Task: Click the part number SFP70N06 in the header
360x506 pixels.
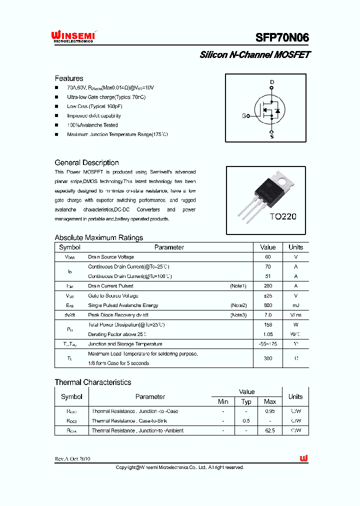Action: click(x=282, y=37)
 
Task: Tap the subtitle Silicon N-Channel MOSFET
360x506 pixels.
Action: click(x=254, y=55)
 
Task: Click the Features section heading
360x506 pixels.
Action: click(x=69, y=78)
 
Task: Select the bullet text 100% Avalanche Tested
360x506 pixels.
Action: click(x=92, y=125)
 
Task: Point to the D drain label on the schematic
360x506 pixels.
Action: click(x=272, y=81)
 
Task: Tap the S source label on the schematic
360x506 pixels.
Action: click(x=272, y=136)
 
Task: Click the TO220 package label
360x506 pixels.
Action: click(x=283, y=216)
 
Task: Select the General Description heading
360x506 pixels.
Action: click(x=86, y=162)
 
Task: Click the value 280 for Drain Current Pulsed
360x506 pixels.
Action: click(x=268, y=286)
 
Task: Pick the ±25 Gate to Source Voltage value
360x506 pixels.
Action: click(x=268, y=295)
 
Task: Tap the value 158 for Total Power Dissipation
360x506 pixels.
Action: click(x=268, y=324)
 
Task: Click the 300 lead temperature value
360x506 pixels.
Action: click(x=268, y=358)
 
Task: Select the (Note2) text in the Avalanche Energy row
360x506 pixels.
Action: click(x=238, y=305)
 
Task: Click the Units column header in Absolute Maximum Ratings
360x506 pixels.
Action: click(x=295, y=247)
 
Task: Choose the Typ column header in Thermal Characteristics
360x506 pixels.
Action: click(x=246, y=401)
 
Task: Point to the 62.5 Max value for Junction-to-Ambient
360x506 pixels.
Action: click(x=270, y=430)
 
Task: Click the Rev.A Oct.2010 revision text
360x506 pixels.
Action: click(x=72, y=459)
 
